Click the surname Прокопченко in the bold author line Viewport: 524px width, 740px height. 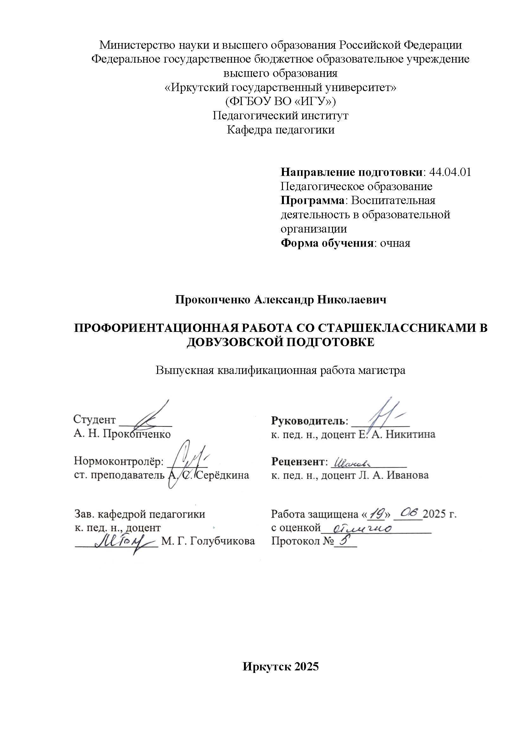(213, 300)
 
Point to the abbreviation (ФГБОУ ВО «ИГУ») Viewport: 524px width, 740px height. (280, 102)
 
